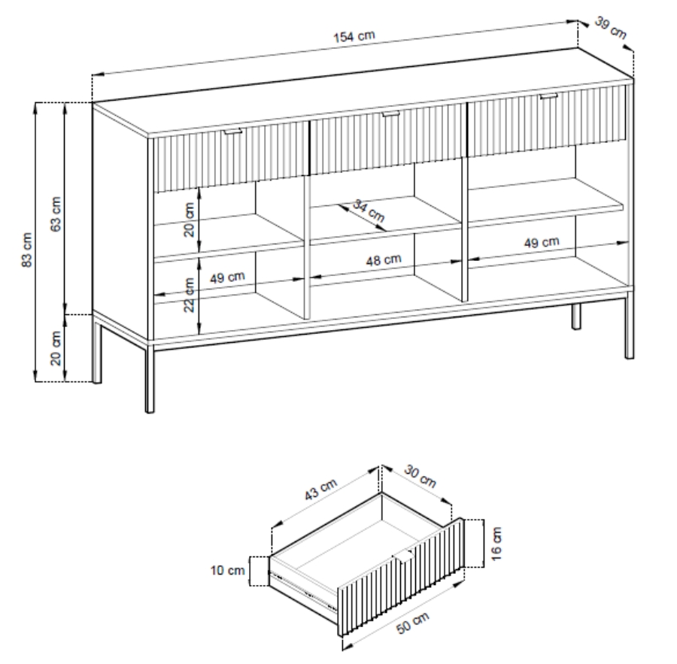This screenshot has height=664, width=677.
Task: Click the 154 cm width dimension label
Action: click(354, 36)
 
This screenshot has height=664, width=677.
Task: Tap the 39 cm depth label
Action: click(611, 27)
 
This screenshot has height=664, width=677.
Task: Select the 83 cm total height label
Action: click(27, 250)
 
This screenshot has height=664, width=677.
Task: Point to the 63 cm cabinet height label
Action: click(56, 214)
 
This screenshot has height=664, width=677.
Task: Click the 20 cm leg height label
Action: click(56, 348)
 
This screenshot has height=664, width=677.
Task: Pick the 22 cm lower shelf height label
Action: click(189, 295)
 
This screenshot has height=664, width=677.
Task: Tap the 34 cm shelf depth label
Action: click(369, 211)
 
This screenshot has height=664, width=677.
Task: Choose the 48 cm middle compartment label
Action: click(384, 260)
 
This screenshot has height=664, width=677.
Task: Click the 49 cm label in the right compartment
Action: click(542, 242)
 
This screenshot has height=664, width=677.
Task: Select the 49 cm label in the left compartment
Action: click(227, 277)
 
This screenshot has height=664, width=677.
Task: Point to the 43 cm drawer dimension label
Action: click(320, 490)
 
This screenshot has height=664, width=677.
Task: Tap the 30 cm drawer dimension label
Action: click(420, 476)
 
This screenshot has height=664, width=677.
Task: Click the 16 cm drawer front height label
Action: click(497, 544)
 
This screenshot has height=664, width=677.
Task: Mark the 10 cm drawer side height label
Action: click(227, 570)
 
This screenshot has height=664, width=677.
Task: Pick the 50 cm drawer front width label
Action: click(413, 623)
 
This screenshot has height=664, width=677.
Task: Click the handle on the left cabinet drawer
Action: click(233, 132)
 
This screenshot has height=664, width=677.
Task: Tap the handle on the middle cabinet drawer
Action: click(390, 114)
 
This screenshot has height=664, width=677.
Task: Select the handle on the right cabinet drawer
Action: click(548, 96)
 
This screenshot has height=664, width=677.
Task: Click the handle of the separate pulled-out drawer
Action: click(403, 556)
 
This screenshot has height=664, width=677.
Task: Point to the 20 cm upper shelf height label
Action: click(189, 220)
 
